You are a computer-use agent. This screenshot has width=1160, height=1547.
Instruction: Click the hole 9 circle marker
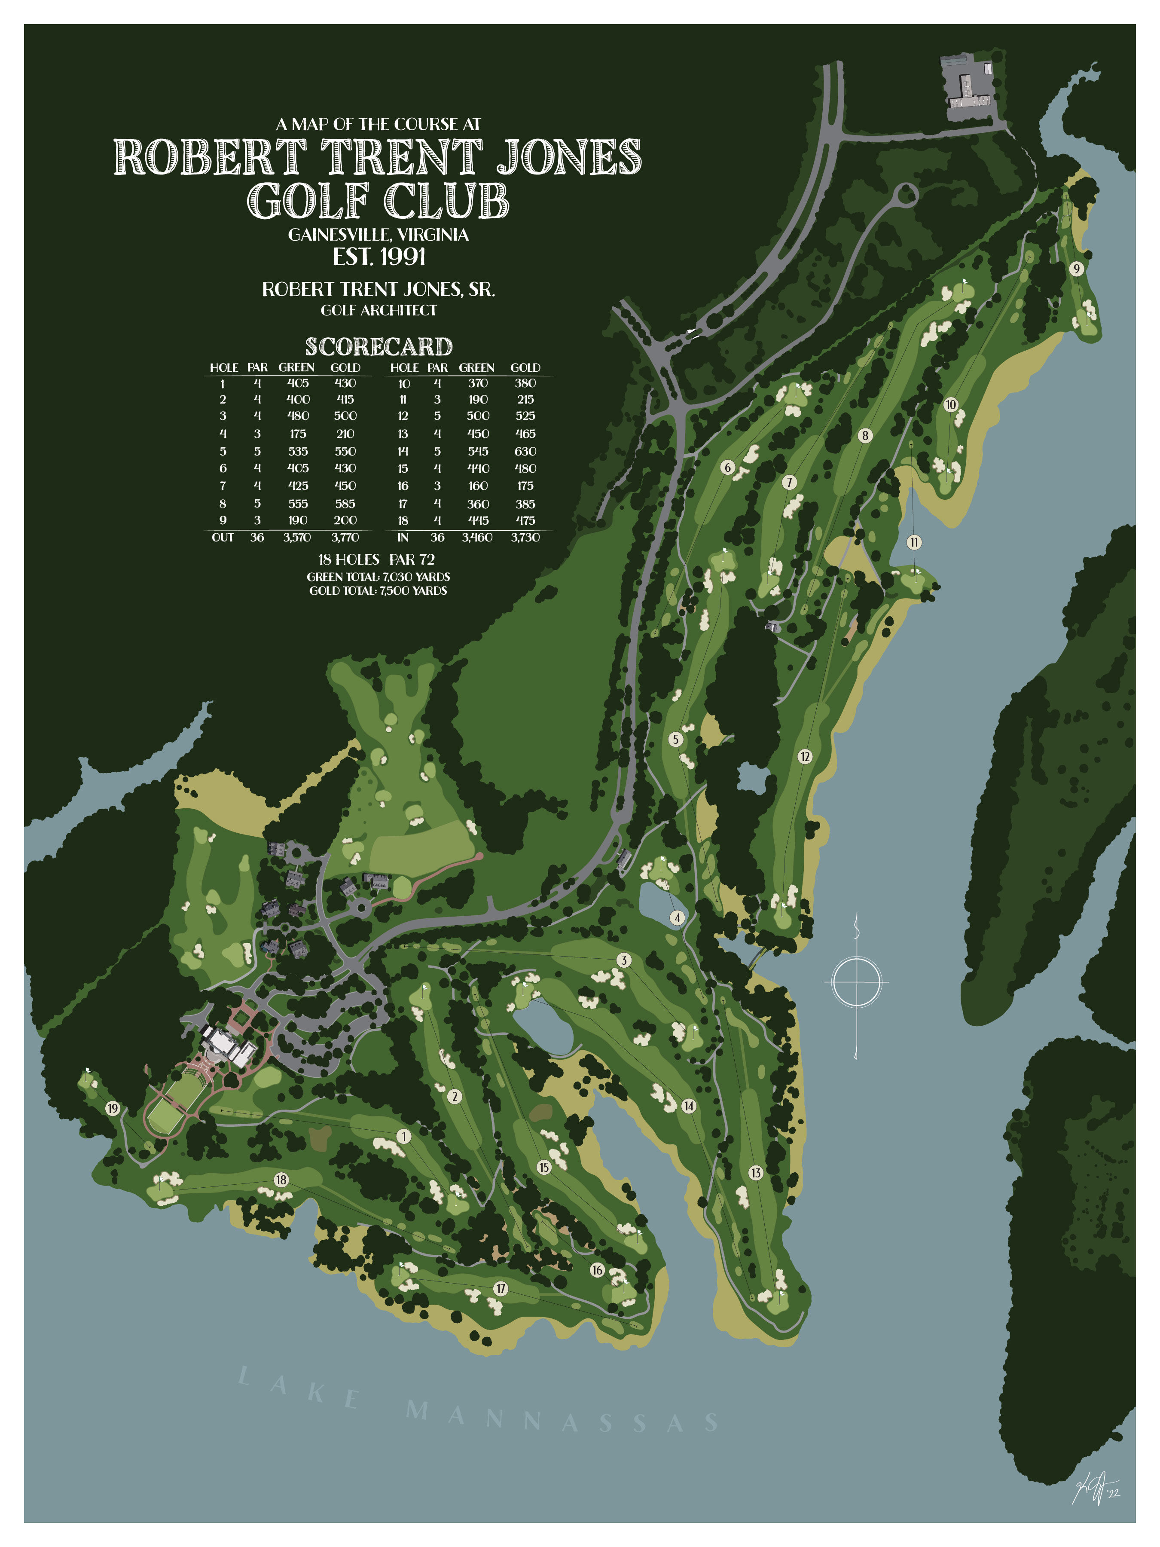1077,269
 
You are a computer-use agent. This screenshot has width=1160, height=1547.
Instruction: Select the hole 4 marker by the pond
677,917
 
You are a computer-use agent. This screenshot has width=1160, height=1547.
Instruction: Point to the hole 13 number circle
756,1173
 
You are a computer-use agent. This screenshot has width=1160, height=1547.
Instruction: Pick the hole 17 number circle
501,1288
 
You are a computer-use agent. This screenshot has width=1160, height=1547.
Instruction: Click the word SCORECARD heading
378,347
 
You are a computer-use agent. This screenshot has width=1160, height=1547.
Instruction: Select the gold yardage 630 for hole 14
525,451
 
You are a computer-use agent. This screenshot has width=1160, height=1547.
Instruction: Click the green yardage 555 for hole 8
297,504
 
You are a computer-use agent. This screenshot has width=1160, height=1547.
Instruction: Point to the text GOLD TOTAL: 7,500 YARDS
378,591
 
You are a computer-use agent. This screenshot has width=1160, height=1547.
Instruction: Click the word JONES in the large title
568,157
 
